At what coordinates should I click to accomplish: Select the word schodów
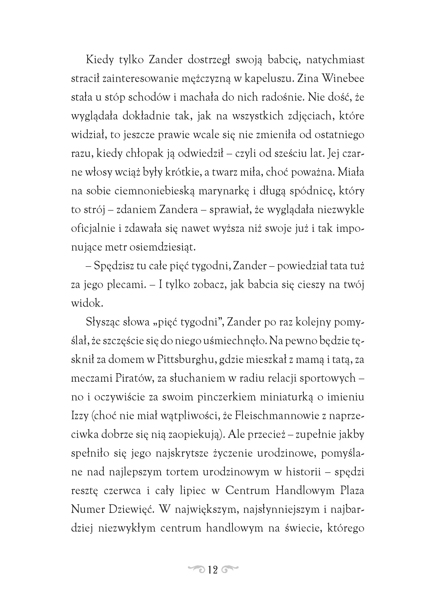(x=149, y=97)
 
